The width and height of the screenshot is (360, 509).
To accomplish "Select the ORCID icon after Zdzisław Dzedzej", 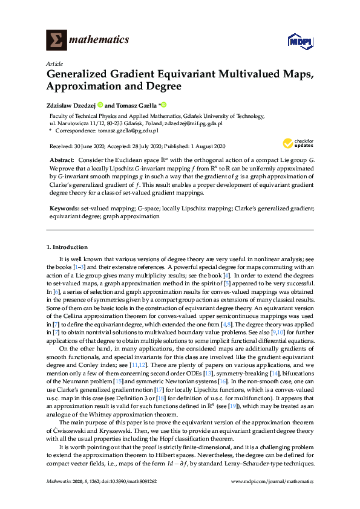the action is (100, 105).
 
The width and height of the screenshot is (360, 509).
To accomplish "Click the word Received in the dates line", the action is (61, 146).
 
